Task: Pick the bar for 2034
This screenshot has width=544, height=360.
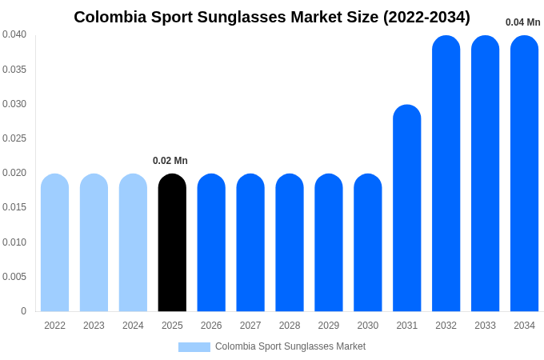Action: pyautogui.click(x=524, y=174)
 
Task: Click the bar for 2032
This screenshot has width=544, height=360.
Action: pyautogui.click(x=446, y=174)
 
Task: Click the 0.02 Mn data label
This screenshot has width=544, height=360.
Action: pyautogui.click(x=170, y=161)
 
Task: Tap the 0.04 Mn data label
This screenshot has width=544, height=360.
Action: pyautogui.click(x=522, y=22)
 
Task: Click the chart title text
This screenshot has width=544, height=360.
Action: pyautogui.click(x=272, y=17)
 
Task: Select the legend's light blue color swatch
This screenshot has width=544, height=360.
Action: pyautogui.click(x=194, y=347)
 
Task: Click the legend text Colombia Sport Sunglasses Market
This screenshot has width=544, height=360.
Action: pyautogui.click(x=290, y=346)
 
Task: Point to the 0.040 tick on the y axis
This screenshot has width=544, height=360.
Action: pyautogui.click(x=14, y=34)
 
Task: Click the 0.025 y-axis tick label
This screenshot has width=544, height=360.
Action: pyautogui.click(x=14, y=138)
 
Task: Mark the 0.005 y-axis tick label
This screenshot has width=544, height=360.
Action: pyautogui.click(x=14, y=277)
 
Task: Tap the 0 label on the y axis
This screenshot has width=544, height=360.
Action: pyautogui.click(x=23, y=311)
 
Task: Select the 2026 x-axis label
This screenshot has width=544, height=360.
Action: pyautogui.click(x=211, y=326)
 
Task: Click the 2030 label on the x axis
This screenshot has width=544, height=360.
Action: pyautogui.click(x=368, y=326)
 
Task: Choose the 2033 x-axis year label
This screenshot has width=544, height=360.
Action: pyautogui.click(x=485, y=326)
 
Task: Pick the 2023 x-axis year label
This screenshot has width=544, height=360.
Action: pyautogui.click(x=94, y=326)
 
